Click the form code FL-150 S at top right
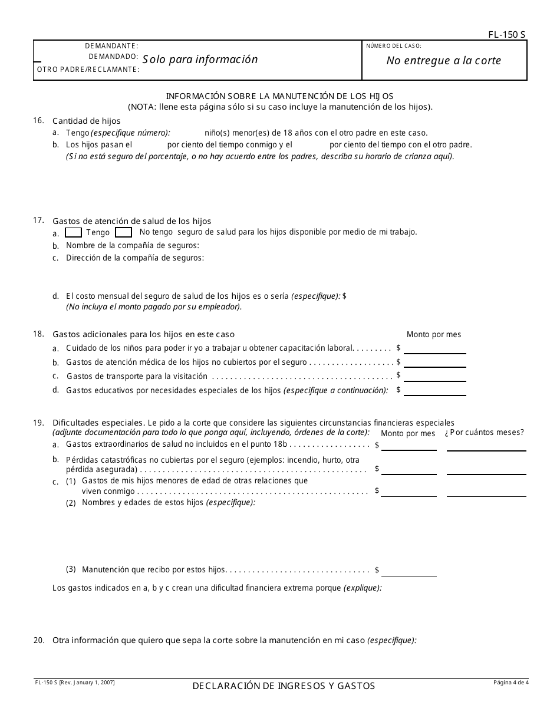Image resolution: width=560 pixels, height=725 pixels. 506,35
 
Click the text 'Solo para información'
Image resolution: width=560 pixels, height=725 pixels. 200,60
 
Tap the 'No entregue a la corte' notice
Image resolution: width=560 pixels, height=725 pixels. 443,61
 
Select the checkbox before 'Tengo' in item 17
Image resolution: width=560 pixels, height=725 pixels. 73,232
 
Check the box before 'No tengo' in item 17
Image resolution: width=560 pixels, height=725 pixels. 123,232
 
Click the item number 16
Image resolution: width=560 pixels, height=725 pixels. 38,120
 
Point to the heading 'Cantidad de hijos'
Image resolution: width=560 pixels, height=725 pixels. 86,121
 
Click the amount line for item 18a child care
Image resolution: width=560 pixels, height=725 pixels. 434,349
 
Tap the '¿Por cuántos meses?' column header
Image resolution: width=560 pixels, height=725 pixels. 484,433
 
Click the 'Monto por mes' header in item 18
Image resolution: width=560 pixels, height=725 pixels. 434,335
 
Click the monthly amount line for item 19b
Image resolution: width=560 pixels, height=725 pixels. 409,470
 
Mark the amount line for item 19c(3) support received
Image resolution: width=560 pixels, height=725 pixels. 409,572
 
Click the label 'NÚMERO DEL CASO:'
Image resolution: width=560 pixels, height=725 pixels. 394,46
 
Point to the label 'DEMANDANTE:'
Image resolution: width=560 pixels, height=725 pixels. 111,46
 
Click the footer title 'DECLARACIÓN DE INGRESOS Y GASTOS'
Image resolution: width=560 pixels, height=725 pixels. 283,686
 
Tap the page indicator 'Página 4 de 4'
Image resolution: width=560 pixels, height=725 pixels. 511,683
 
